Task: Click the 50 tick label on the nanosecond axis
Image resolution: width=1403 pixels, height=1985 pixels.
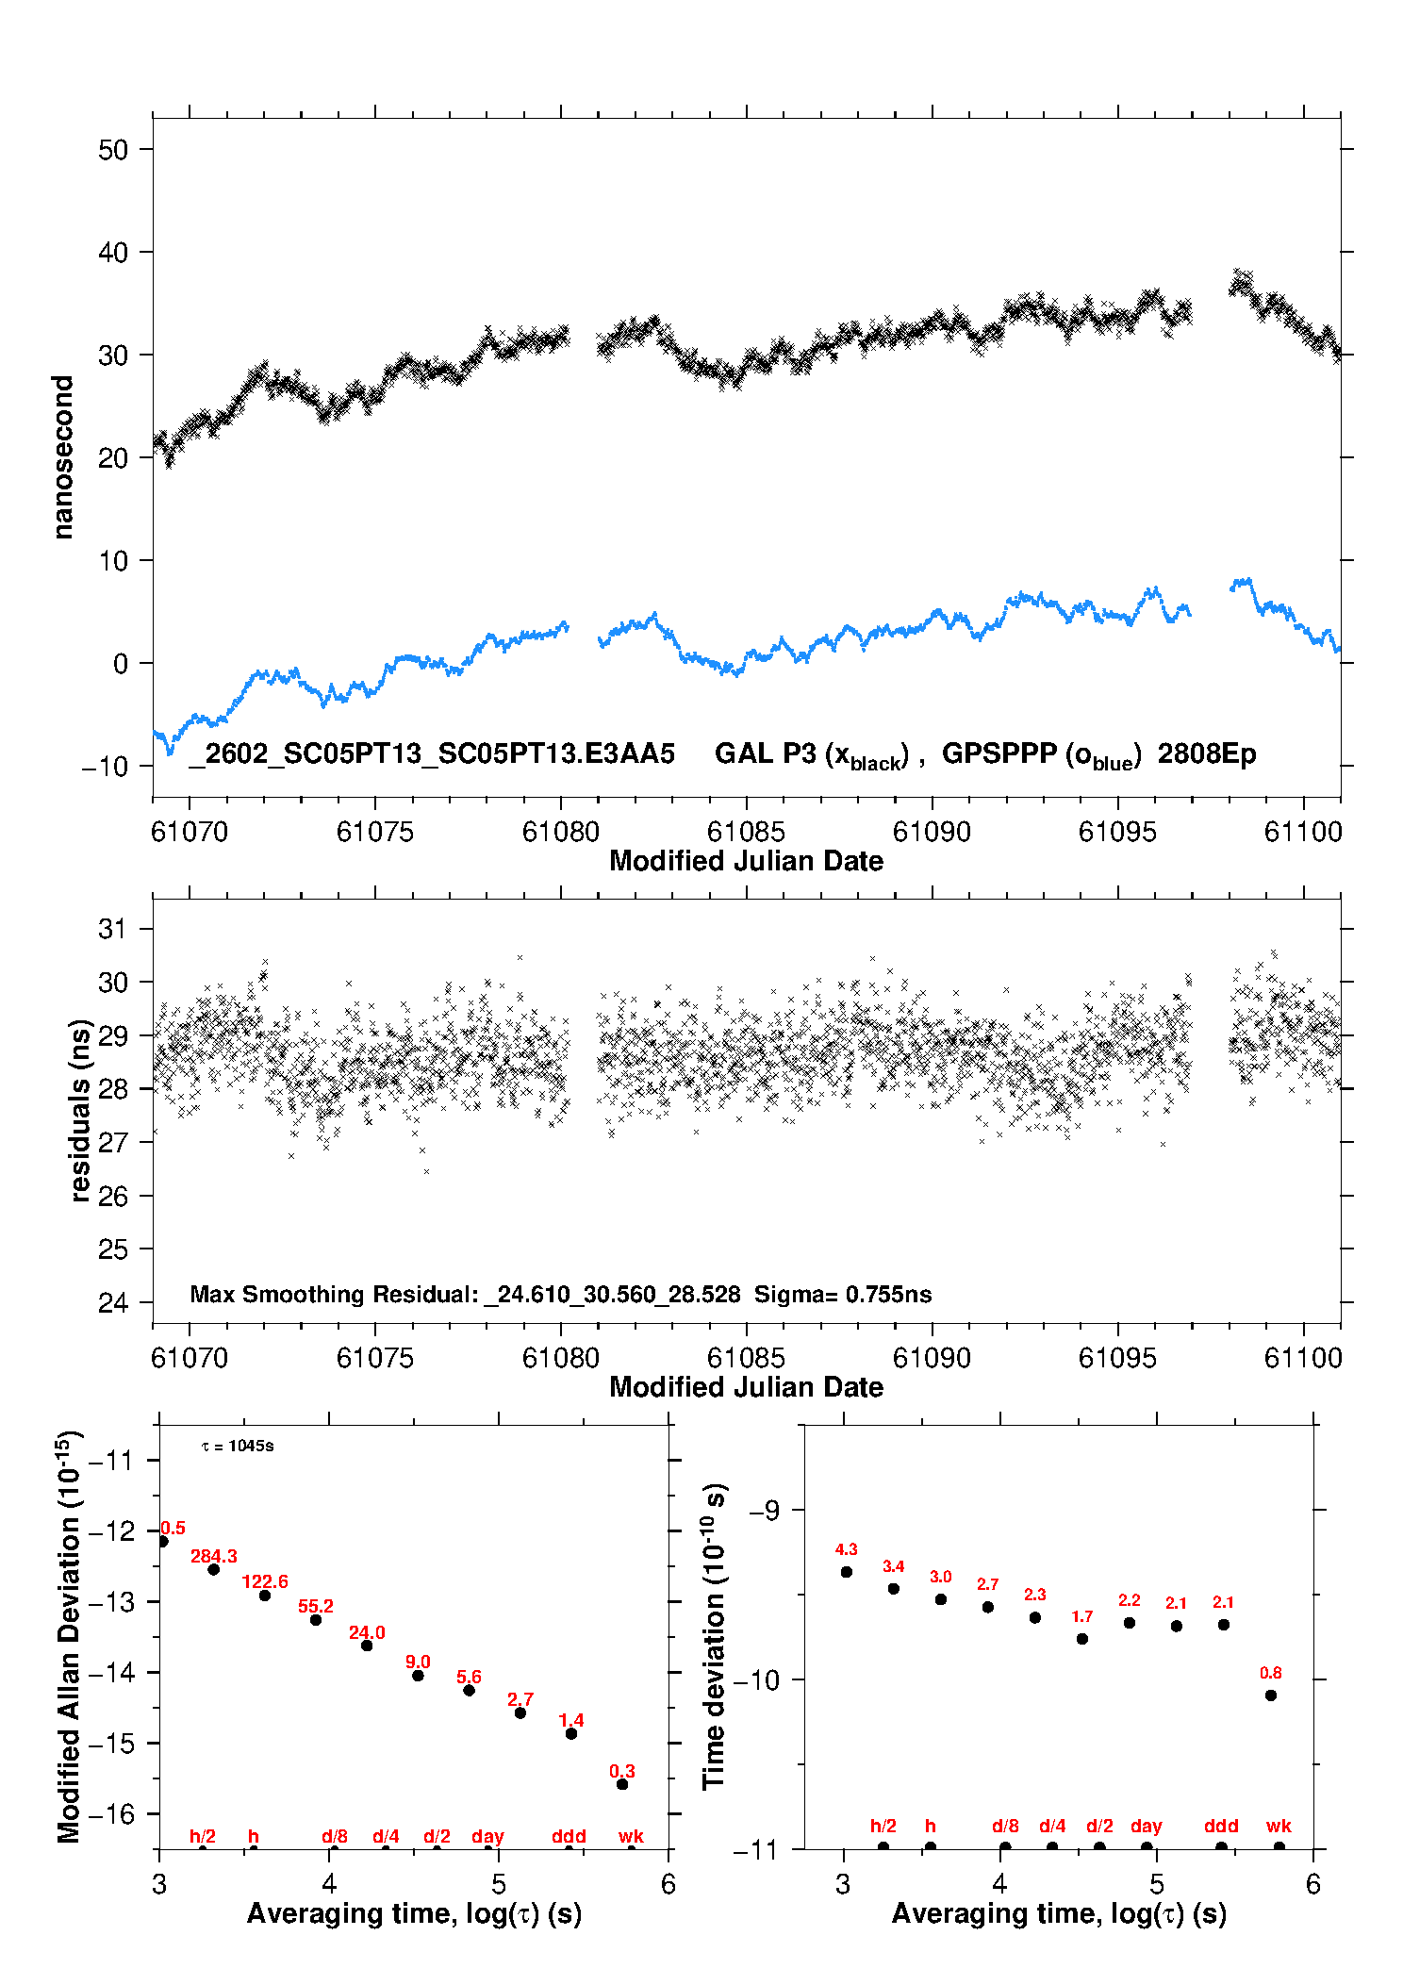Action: tap(112, 150)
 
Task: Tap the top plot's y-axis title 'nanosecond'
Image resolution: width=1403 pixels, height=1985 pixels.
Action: tap(63, 457)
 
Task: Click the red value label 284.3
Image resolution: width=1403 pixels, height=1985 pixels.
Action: tap(214, 1556)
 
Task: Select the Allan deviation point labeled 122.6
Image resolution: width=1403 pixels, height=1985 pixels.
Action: tap(265, 1596)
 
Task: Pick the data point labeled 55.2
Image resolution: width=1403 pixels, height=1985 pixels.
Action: tap(316, 1620)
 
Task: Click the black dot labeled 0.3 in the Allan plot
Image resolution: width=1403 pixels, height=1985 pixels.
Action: tap(622, 1784)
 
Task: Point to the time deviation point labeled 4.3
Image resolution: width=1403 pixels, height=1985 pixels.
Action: tap(847, 1572)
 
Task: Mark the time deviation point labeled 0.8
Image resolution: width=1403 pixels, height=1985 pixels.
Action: tap(1271, 1696)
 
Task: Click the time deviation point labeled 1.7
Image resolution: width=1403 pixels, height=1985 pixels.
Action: tap(1082, 1639)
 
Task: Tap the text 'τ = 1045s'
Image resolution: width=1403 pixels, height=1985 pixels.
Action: tap(238, 1447)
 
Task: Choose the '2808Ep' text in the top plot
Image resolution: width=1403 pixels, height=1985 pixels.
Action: tap(1207, 753)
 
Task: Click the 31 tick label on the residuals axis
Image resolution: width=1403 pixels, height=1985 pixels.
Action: tap(112, 929)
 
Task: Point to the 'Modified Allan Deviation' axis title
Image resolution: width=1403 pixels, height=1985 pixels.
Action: tap(69, 1636)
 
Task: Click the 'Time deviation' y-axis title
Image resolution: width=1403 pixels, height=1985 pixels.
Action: tap(714, 1636)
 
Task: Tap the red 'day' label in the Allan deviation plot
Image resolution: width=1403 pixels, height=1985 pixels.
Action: tap(487, 1836)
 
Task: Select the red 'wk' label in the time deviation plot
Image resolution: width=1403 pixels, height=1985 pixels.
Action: tap(1279, 1827)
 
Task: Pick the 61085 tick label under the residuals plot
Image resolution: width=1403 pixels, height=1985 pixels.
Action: tap(746, 1358)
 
